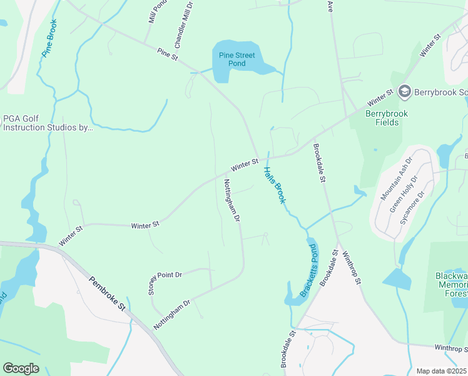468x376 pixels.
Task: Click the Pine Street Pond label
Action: click(237, 60)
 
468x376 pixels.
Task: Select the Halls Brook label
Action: click(274, 185)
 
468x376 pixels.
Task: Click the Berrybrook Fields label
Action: click(386, 118)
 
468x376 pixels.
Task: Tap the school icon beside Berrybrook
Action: click(404, 92)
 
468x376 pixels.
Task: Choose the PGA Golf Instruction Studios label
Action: click(48, 122)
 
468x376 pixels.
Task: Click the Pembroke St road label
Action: click(108, 296)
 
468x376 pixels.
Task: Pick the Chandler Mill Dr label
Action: click(183, 25)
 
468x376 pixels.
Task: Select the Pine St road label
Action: click(168, 55)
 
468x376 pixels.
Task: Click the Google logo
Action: click(21, 368)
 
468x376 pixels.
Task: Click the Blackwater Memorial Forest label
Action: click(451, 285)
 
